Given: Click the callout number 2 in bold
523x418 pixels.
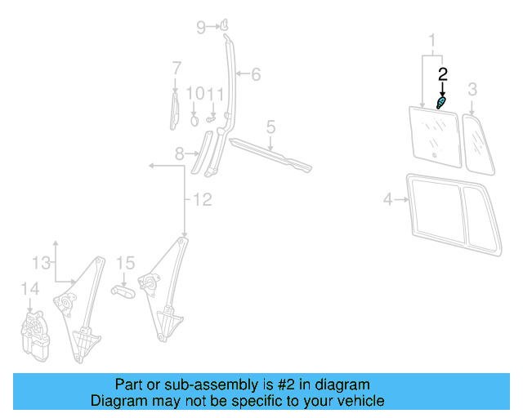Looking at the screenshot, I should [443, 73].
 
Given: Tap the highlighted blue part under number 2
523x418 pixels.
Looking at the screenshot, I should [441, 103].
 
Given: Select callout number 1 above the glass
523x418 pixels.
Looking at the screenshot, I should [433, 39].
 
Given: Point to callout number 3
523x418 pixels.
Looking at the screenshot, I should [472, 88].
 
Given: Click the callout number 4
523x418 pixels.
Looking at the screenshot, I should [388, 198].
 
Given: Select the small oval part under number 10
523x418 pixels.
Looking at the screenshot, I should [194, 119].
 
